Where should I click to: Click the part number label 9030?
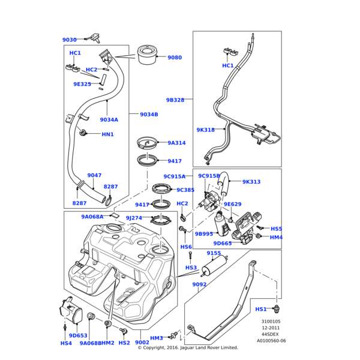69,40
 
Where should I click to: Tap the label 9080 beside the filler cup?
175,58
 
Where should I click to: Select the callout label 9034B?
149,114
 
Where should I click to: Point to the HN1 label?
107,134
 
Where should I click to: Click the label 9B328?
175,100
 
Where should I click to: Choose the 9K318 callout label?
205,130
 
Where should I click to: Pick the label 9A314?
176,143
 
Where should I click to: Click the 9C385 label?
185,190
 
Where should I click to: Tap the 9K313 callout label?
251,182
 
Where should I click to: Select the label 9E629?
232,204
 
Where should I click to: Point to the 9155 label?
214,253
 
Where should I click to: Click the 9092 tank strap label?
199,284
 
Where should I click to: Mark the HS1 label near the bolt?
261,309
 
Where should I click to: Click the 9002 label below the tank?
142,343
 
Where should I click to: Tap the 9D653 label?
78,335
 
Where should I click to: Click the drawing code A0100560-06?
271,341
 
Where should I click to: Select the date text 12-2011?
271,328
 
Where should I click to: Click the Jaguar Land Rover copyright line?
188,347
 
